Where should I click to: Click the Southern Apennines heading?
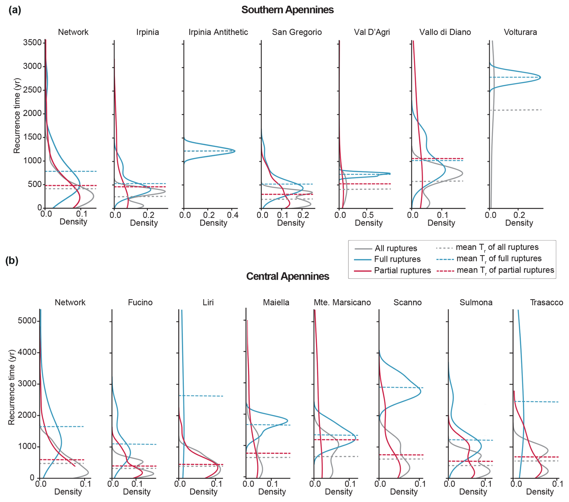click(287, 10)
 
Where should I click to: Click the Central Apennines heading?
click(288, 276)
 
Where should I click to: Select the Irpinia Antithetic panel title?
click(218, 32)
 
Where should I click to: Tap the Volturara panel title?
click(520, 32)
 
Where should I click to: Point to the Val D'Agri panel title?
click(372, 32)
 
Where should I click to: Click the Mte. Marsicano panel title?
click(342, 302)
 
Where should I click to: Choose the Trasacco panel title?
click(546, 302)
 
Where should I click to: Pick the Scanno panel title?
click(408, 302)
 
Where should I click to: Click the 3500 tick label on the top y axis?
click(32, 42)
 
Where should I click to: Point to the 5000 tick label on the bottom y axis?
click(27, 321)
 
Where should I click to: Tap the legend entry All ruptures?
click(396, 248)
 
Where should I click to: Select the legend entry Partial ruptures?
click(402, 271)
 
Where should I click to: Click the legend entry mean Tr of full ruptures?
click(499, 259)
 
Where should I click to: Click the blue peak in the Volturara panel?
click(540, 77)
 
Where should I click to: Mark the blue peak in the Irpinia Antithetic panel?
click(235, 151)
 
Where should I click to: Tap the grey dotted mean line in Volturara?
click(516, 110)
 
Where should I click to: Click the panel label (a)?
click(15, 10)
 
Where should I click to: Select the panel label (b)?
click(12, 260)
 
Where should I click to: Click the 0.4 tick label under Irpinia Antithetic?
click(232, 215)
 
